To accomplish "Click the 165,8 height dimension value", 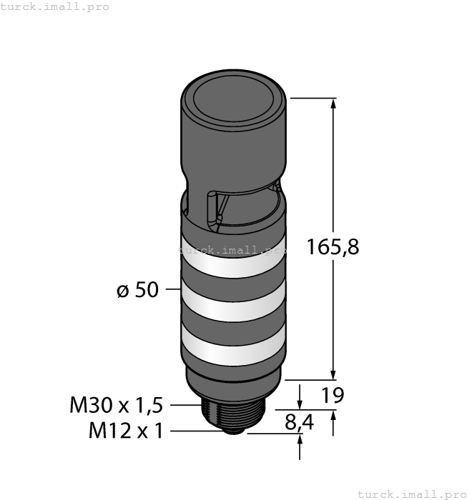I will (332, 247).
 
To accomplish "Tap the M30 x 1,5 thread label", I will (117, 405).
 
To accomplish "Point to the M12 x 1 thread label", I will (126, 431).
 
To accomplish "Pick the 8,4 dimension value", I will (299, 422).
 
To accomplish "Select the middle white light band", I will (232, 307).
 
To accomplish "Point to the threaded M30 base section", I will (233, 409).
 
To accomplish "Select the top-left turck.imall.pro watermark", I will (55, 6).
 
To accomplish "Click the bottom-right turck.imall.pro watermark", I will (411, 494).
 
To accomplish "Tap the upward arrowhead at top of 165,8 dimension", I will (333, 104).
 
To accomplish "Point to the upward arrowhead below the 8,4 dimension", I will (300, 441).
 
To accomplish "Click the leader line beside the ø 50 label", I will (172, 290).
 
